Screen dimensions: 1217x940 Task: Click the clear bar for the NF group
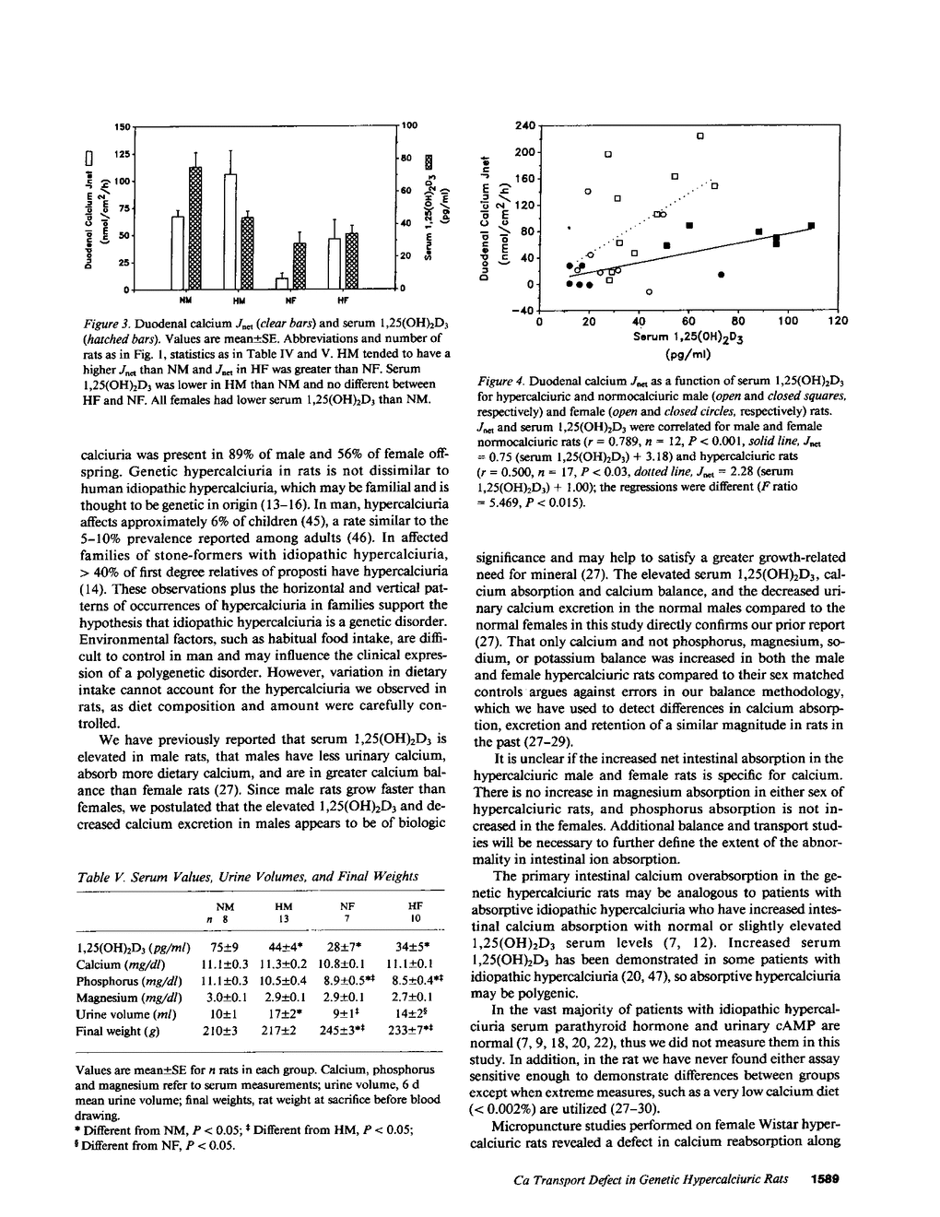(282, 282)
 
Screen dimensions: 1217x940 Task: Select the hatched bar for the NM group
(194, 228)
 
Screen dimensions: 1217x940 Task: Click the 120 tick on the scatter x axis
(837, 322)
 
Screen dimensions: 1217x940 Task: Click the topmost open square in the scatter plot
(700, 136)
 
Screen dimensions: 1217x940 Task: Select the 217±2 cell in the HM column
(277, 1030)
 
